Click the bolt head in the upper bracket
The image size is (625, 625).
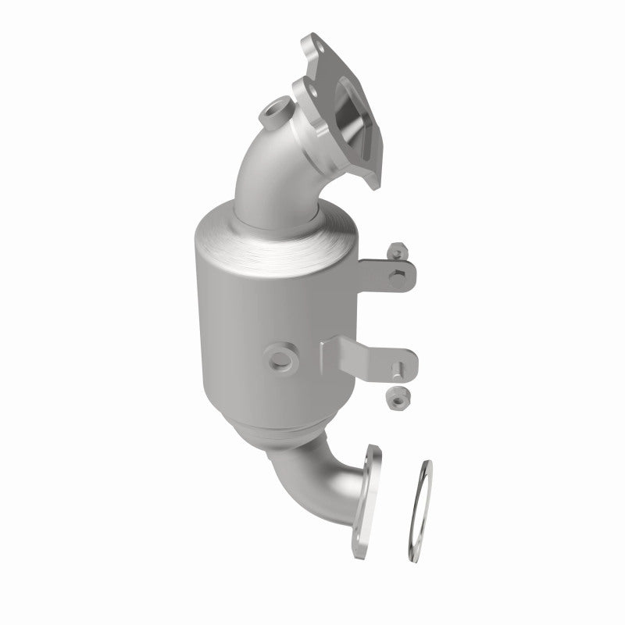399,272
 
